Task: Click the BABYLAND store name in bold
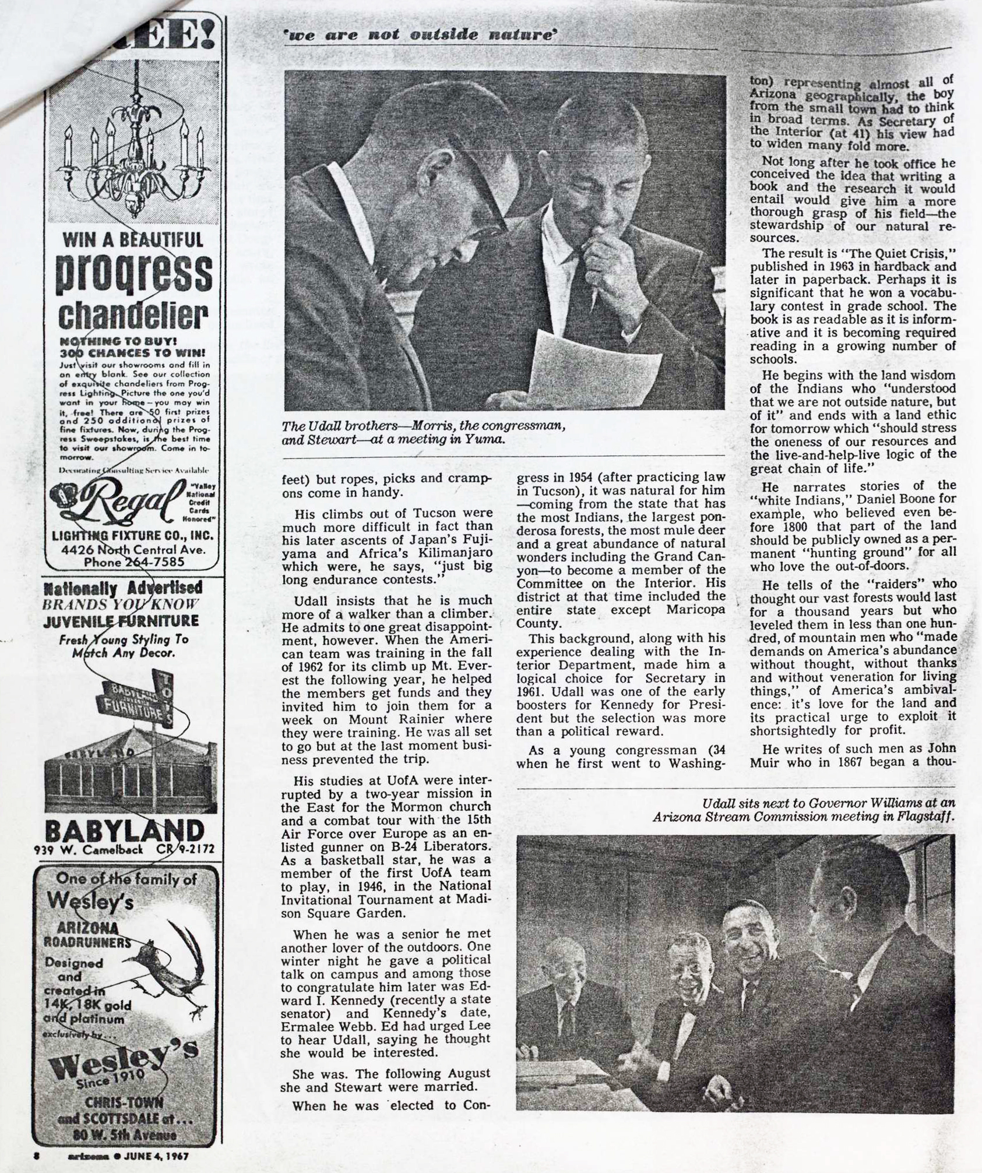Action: click(x=125, y=832)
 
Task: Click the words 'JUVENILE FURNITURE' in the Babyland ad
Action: click(x=121, y=621)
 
